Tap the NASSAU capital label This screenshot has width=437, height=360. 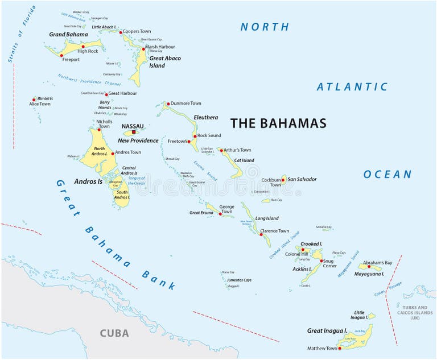pyautogui.click(x=133, y=126)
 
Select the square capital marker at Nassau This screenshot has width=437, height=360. pyautogui.click(x=134, y=133)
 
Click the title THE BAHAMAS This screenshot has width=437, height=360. pyautogui.click(x=278, y=123)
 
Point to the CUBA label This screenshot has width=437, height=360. pyautogui.click(x=114, y=333)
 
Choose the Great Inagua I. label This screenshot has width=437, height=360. pyautogui.click(x=327, y=330)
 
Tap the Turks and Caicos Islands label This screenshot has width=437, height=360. pyautogui.click(x=419, y=312)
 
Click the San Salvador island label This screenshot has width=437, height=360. pyautogui.click(x=302, y=179)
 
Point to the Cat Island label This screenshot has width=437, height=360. pyautogui.click(x=244, y=160)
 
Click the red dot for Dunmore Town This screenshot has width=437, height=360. pyautogui.click(x=167, y=104)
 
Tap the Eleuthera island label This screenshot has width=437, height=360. pyautogui.click(x=205, y=117)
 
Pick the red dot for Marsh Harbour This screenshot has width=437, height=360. pyautogui.click(x=143, y=49)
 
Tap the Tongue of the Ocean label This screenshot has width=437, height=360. pyautogui.click(x=137, y=181)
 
